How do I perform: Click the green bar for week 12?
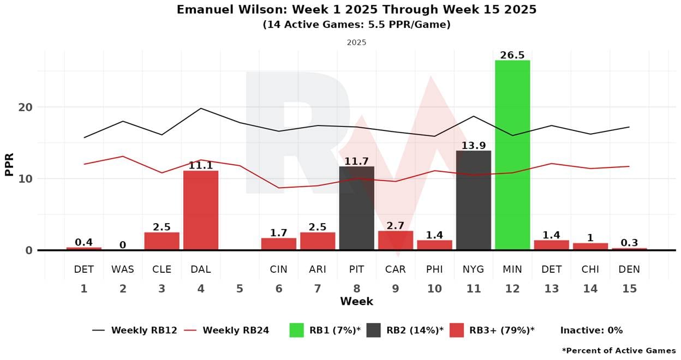(x=512, y=155)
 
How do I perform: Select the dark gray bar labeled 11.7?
(x=356, y=208)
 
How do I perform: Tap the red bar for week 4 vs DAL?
(x=201, y=210)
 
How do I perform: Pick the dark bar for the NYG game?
(x=473, y=200)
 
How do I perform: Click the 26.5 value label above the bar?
(x=512, y=56)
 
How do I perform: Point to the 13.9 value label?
(x=473, y=146)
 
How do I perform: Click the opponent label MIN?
(x=512, y=269)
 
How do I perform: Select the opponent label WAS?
(x=123, y=269)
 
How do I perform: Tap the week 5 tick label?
(x=240, y=289)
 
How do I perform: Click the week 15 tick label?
(x=629, y=289)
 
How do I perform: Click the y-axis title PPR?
(x=9, y=163)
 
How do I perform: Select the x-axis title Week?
(x=356, y=302)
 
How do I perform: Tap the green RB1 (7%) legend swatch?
(x=296, y=330)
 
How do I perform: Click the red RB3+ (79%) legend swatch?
(x=457, y=330)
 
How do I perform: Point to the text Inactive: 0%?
(x=591, y=330)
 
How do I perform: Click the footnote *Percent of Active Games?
(x=618, y=351)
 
